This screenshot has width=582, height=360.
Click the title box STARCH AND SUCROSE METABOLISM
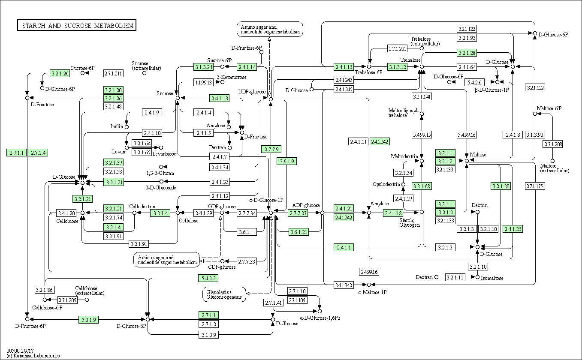click(x=77, y=25)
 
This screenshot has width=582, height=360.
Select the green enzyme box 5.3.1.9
click(x=89, y=320)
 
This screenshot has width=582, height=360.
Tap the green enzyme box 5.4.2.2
click(x=208, y=278)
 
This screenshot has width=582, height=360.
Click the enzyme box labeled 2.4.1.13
click(x=220, y=98)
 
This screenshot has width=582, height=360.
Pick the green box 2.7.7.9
click(x=271, y=149)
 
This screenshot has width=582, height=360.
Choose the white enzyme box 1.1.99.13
click(x=203, y=82)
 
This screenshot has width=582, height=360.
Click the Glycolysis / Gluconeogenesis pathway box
click(x=224, y=294)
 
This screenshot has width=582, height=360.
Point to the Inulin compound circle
click(x=127, y=127)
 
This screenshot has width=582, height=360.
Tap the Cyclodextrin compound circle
click(x=403, y=185)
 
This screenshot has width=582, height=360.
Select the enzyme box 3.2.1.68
click(x=422, y=186)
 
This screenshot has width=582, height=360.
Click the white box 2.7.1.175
click(x=535, y=186)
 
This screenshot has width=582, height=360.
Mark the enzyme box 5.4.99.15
click(x=422, y=135)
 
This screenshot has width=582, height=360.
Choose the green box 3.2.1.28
click(x=467, y=53)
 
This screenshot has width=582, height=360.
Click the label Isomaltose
click(x=492, y=278)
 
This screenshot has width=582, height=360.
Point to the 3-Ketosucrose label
click(x=232, y=77)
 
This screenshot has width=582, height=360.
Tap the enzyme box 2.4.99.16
click(x=369, y=272)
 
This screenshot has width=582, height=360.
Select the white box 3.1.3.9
click(x=208, y=335)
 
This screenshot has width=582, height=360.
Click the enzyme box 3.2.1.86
click(x=45, y=290)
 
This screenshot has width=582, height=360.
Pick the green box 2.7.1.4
click(x=38, y=153)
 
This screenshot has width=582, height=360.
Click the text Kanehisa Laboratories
click(x=36, y=356)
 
